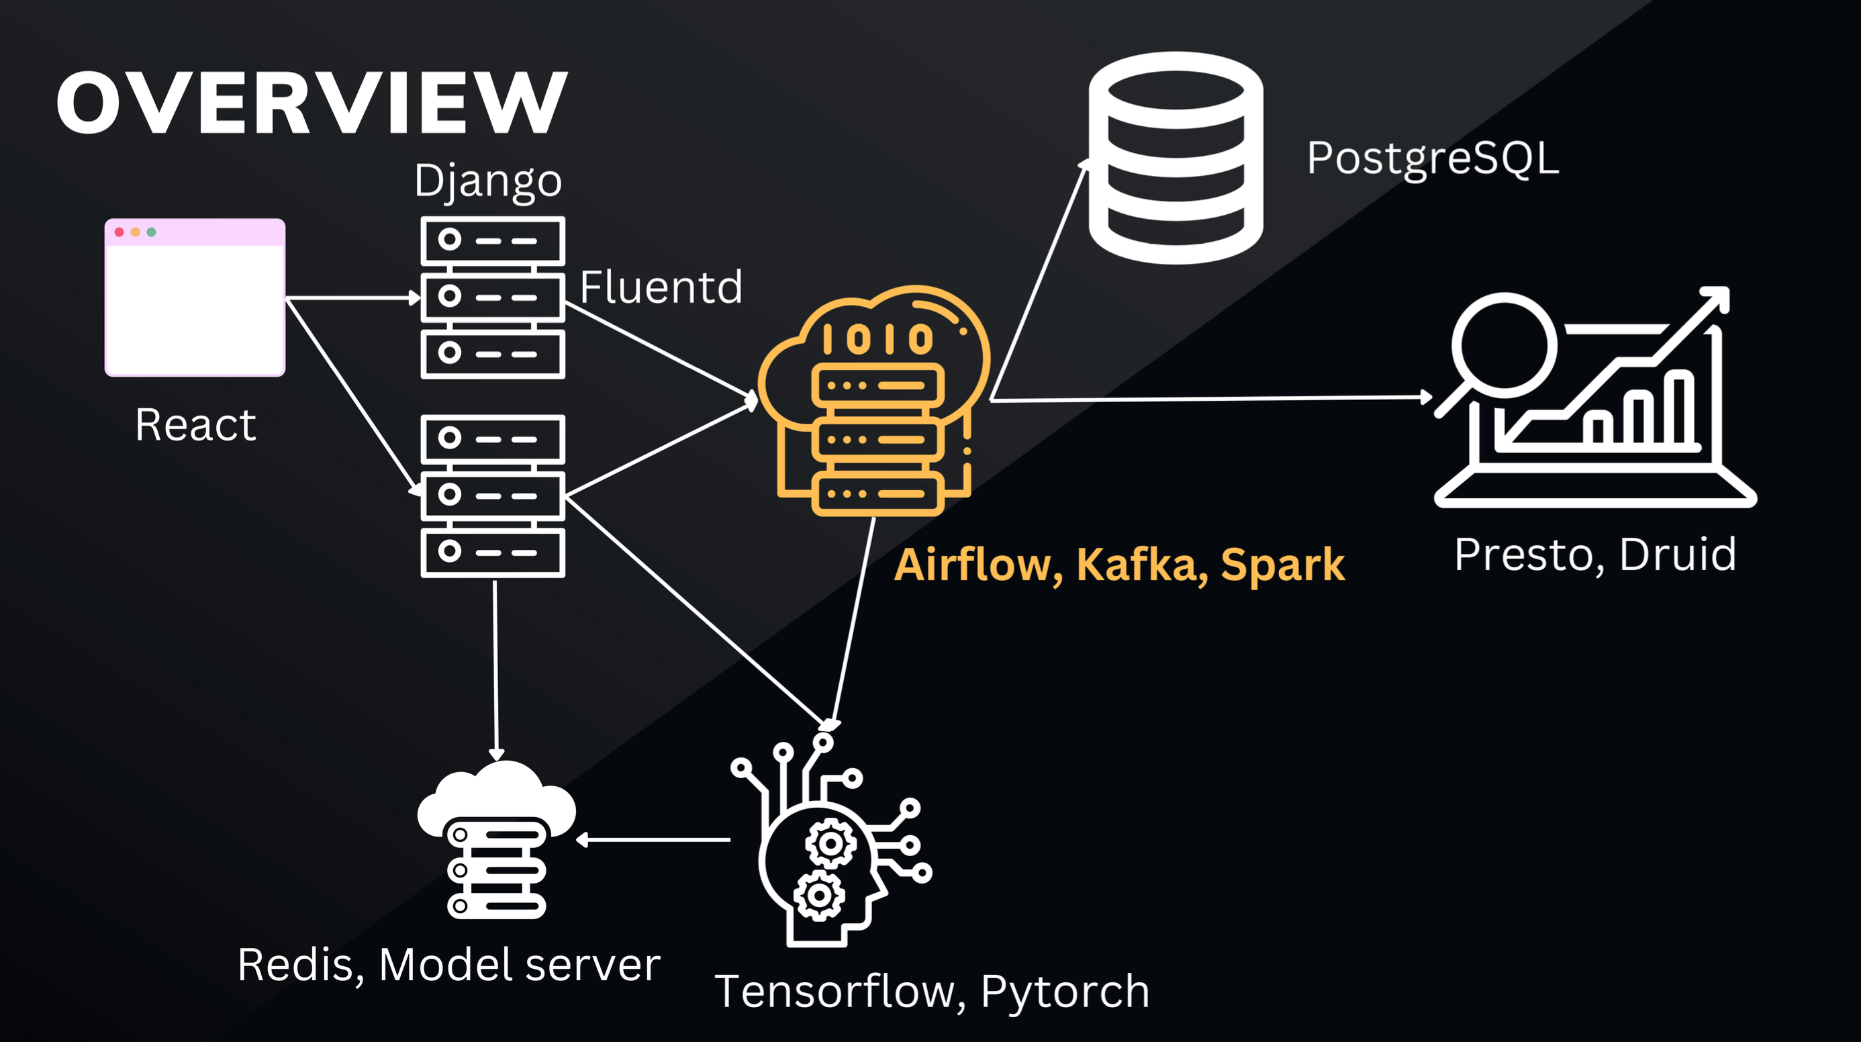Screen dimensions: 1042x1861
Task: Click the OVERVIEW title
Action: click(312, 103)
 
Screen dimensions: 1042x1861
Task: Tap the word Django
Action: click(487, 180)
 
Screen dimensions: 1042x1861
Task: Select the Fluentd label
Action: click(661, 287)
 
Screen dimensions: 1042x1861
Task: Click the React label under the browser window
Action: click(195, 424)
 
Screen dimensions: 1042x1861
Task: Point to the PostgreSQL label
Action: click(1433, 158)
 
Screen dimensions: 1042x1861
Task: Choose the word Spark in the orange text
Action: click(1282, 565)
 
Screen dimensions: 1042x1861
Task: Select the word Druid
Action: click(1677, 555)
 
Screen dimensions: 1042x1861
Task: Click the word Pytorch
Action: click(1064, 992)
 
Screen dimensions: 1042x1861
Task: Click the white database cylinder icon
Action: click(1176, 158)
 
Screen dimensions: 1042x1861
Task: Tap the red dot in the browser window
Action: click(120, 232)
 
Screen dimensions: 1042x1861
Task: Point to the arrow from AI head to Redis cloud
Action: click(654, 840)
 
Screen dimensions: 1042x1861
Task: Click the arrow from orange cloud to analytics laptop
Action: click(1210, 398)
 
